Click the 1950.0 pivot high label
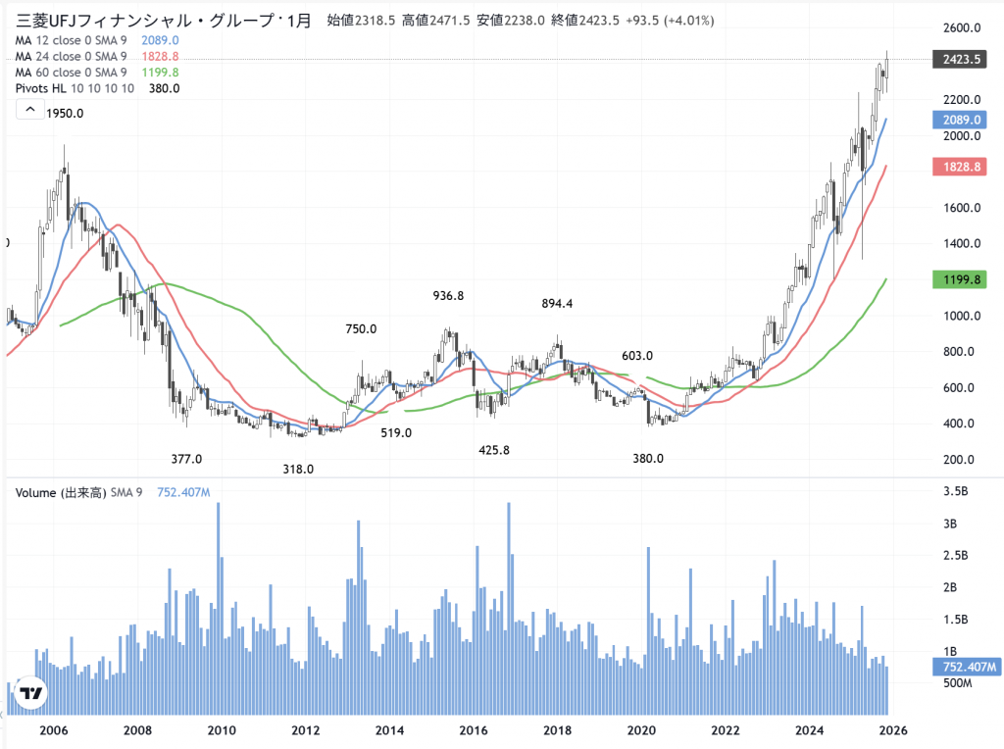coord(65,114)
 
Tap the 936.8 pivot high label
coord(448,295)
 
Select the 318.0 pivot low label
coord(298,469)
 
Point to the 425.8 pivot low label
coord(494,450)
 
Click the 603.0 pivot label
coord(637,355)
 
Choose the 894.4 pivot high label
coord(557,304)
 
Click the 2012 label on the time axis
coord(306,730)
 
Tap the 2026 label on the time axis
coord(892,730)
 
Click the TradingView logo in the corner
coord(31,692)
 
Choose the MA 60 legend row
coord(71,73)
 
